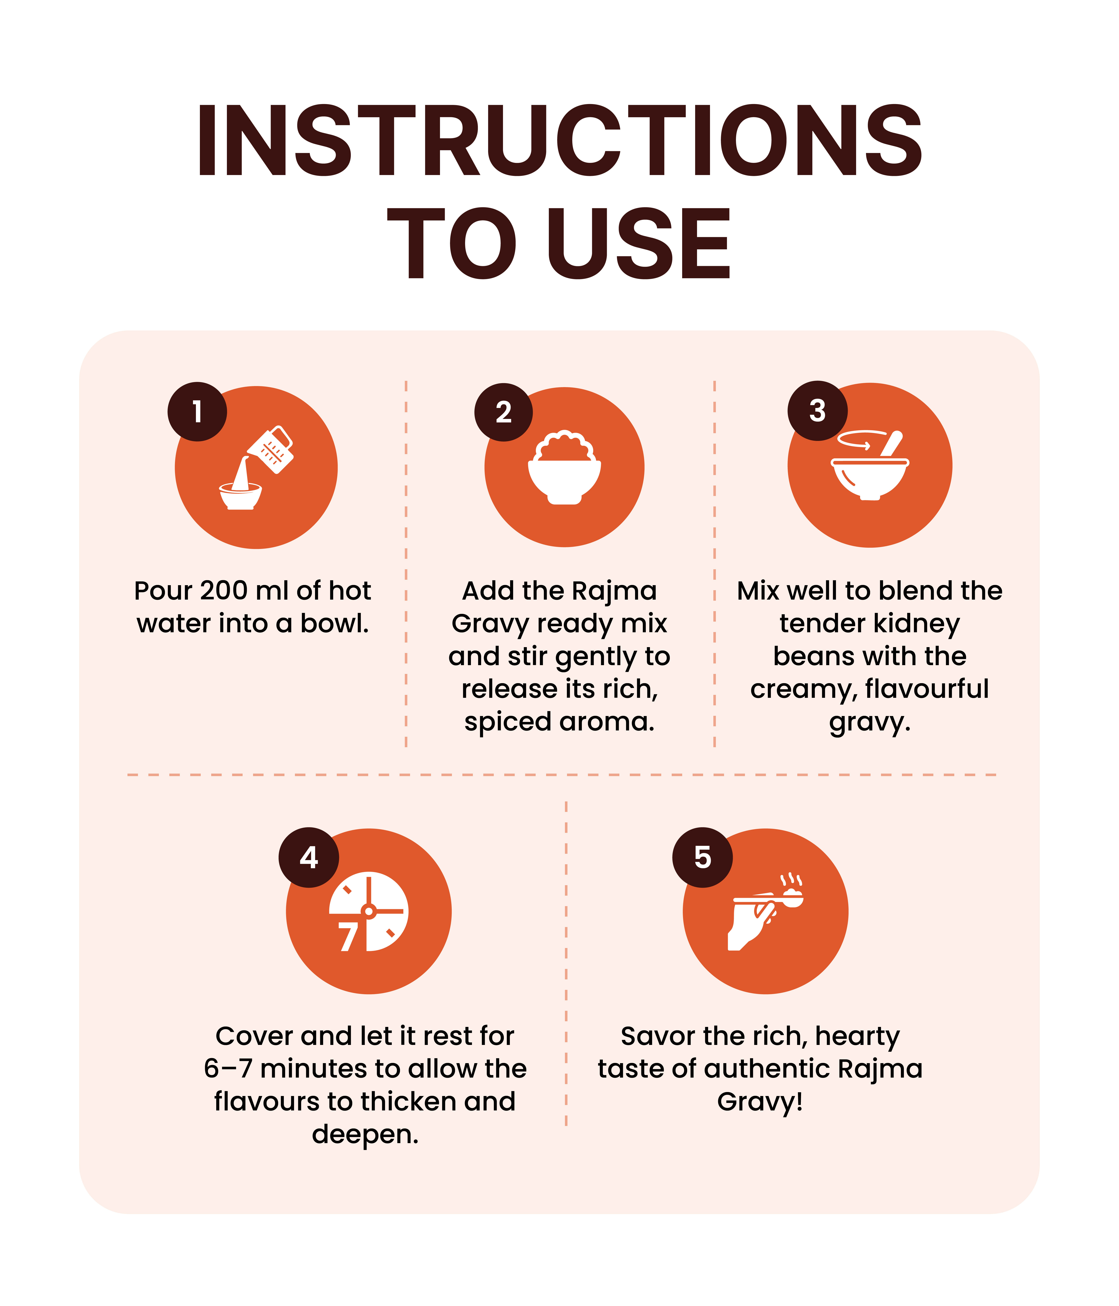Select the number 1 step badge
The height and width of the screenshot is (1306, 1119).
[197, 412]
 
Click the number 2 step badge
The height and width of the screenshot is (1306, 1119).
[503, 412]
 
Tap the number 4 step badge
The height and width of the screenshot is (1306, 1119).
[309, 857]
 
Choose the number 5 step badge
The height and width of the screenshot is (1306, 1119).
[702, 857]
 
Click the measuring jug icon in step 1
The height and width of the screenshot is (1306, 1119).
[271, 449]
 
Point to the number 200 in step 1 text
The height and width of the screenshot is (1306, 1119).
[224, 591]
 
